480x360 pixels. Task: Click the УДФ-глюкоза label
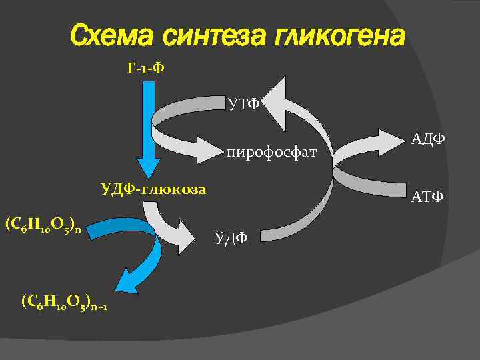[153, 189]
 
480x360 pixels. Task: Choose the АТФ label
[427, 197]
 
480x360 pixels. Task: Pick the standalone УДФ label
[231, 237]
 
